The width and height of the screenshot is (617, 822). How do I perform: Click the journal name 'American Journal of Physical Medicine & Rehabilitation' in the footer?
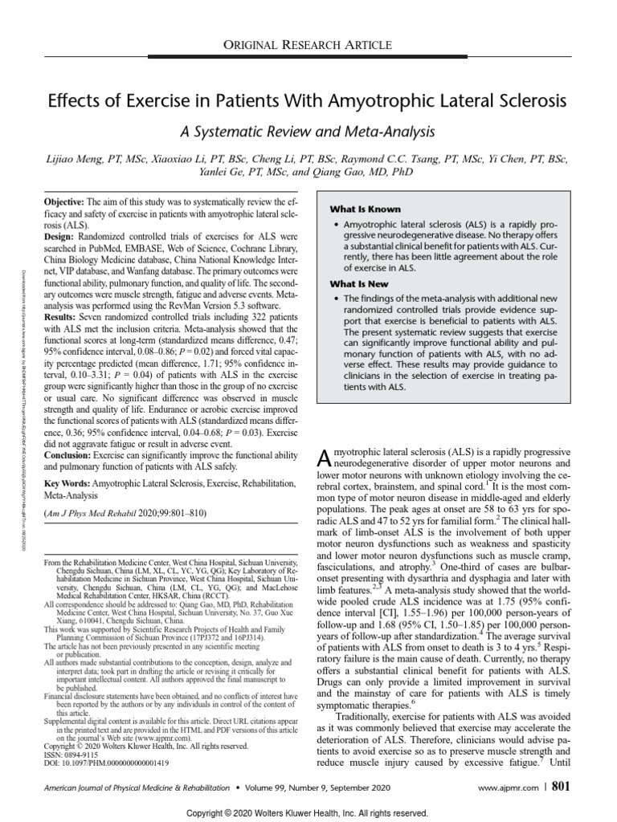pos(134,765)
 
